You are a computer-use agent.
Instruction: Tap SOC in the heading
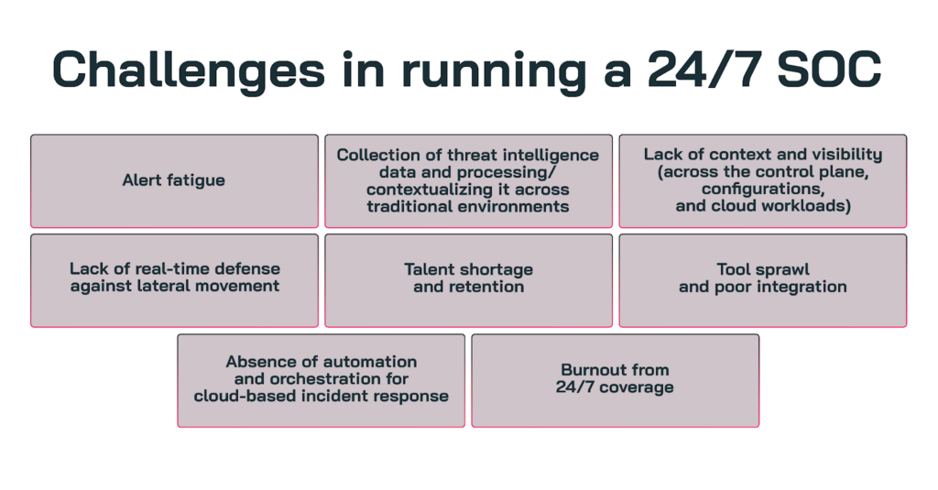pos(829,70)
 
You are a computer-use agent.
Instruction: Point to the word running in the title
pos(494,71)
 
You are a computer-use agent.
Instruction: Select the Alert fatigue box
pos(174,180)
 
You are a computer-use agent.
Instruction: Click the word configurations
pos(763,189)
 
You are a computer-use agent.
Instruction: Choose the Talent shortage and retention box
pos(468,280)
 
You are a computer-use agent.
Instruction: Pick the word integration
pos(802,288)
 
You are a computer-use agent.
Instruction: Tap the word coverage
pos(637,387)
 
